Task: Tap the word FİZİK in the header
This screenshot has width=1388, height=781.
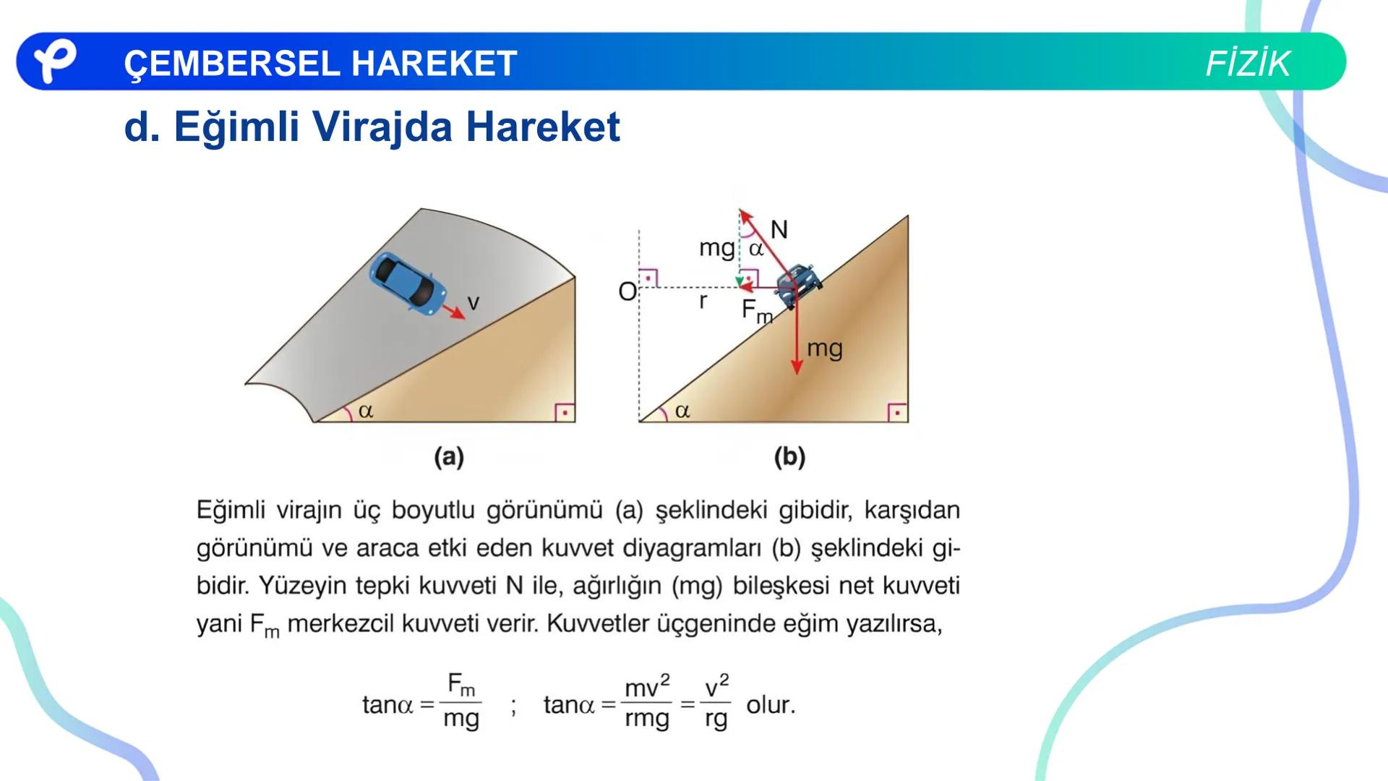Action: coord(1247,64)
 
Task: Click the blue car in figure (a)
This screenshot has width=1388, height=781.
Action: coord(408,283)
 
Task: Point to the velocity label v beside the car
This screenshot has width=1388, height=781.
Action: coord(474,303)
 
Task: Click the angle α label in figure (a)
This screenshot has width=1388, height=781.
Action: coord(366,411)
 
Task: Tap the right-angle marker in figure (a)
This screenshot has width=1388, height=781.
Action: coord(565,412)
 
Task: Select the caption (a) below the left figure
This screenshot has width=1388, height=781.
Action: coord(449,457)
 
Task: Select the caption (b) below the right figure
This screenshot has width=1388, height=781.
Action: coord(789,457)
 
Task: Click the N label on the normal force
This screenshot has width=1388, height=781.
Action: coord(779,230)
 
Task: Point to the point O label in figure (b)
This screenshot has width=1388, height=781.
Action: coord(627,292)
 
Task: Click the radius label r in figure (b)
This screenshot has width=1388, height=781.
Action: coord(703,301)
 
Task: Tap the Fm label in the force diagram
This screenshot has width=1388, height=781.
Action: coord(756,311)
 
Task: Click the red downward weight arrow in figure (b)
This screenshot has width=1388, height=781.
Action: coord(796,340)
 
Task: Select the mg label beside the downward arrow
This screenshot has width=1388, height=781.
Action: coord(825,349)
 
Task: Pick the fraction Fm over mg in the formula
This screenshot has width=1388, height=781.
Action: coord(461,701)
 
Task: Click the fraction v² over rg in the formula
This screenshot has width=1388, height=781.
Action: coord(716,702)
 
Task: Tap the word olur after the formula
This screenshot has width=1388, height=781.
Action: coord(770,704)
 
